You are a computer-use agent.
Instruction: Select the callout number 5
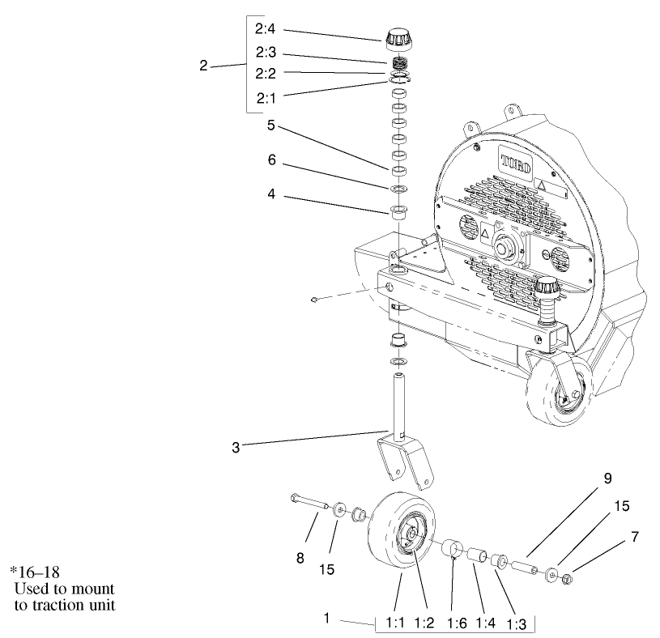(x=272, y=125)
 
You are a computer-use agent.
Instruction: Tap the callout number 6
(x=272, y=161)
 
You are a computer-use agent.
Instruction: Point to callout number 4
(x=272, y=194)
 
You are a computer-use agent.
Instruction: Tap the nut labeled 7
(x=567, y=578)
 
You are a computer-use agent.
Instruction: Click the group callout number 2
(x=203, y=66)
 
